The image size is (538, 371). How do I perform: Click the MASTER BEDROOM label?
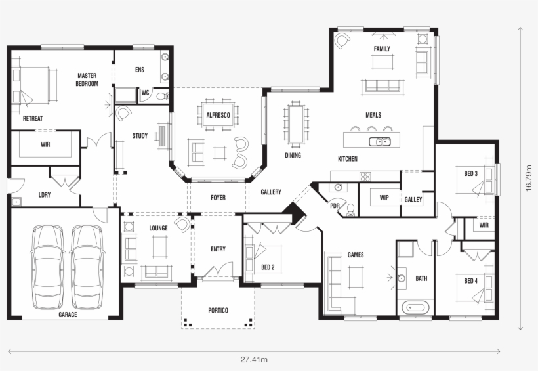87,79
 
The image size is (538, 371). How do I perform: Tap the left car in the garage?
50,267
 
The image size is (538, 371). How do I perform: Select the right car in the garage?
87,267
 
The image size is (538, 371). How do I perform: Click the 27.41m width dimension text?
253,359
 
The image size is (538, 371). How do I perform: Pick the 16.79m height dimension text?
528,178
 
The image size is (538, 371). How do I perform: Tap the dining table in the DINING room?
295,123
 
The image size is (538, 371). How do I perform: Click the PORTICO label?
218,310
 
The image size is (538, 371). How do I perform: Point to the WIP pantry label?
384,197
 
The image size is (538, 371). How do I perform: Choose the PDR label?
335,205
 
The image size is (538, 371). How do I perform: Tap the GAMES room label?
356,255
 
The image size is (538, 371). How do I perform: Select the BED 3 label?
470,173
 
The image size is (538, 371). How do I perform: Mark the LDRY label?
45,195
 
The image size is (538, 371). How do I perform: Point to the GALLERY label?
270,192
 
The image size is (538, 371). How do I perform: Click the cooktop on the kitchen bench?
365,176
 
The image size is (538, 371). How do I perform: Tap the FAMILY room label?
382,49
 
